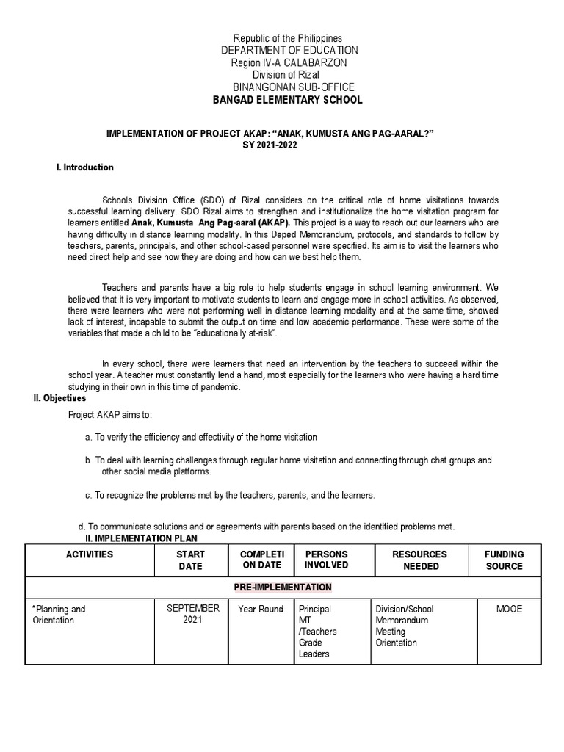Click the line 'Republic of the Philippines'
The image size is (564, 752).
coord(288,38)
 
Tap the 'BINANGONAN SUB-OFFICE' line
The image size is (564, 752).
coord(288,87)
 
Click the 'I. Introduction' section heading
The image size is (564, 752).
coord(85,167)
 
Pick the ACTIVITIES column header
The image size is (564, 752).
coord(90,554)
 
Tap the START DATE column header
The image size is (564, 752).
coord(190,560)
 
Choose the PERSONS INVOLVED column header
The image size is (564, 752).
coord(326,560)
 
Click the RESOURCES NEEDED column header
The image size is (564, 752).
coord(420,560)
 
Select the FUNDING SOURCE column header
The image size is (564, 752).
coord(504,560)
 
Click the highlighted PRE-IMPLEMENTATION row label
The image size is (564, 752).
coord(283,587)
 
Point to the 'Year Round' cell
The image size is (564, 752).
coord(260,610)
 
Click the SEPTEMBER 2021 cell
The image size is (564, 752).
coord(193,614)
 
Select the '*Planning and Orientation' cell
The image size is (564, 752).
coord(59,615)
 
